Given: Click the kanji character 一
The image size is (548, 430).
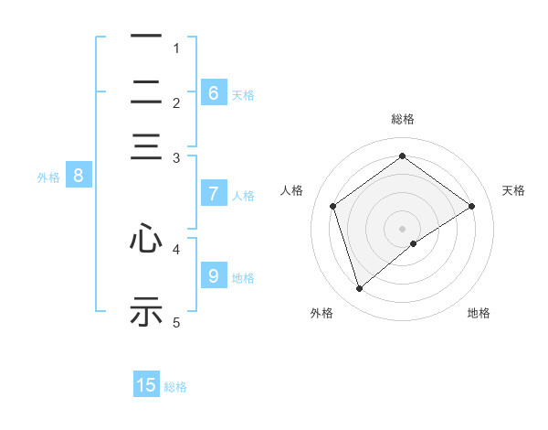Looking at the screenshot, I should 146,37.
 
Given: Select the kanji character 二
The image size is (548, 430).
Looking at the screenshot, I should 146,91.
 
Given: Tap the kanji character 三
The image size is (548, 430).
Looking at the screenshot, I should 146,147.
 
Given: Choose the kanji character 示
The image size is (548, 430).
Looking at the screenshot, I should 146,310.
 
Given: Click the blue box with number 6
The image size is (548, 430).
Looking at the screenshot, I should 214,93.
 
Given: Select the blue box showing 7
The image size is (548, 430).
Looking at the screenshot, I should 214,194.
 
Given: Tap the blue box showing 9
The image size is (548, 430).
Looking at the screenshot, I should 214,276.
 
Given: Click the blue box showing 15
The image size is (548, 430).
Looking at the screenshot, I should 146,385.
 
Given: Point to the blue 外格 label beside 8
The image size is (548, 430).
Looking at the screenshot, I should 48,177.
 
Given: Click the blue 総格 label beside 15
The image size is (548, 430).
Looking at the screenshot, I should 175,387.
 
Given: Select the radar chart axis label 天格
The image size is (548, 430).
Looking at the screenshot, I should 513,190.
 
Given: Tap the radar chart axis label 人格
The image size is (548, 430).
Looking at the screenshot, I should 292,190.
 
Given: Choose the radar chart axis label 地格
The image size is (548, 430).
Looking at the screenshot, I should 479,313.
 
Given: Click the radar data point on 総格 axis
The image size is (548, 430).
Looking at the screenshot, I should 402,156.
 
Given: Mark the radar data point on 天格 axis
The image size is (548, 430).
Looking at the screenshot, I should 471,206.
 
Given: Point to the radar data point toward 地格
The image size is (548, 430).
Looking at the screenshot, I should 414,243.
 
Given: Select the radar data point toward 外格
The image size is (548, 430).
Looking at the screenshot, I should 359,289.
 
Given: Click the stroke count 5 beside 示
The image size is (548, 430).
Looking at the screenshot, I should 177,322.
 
